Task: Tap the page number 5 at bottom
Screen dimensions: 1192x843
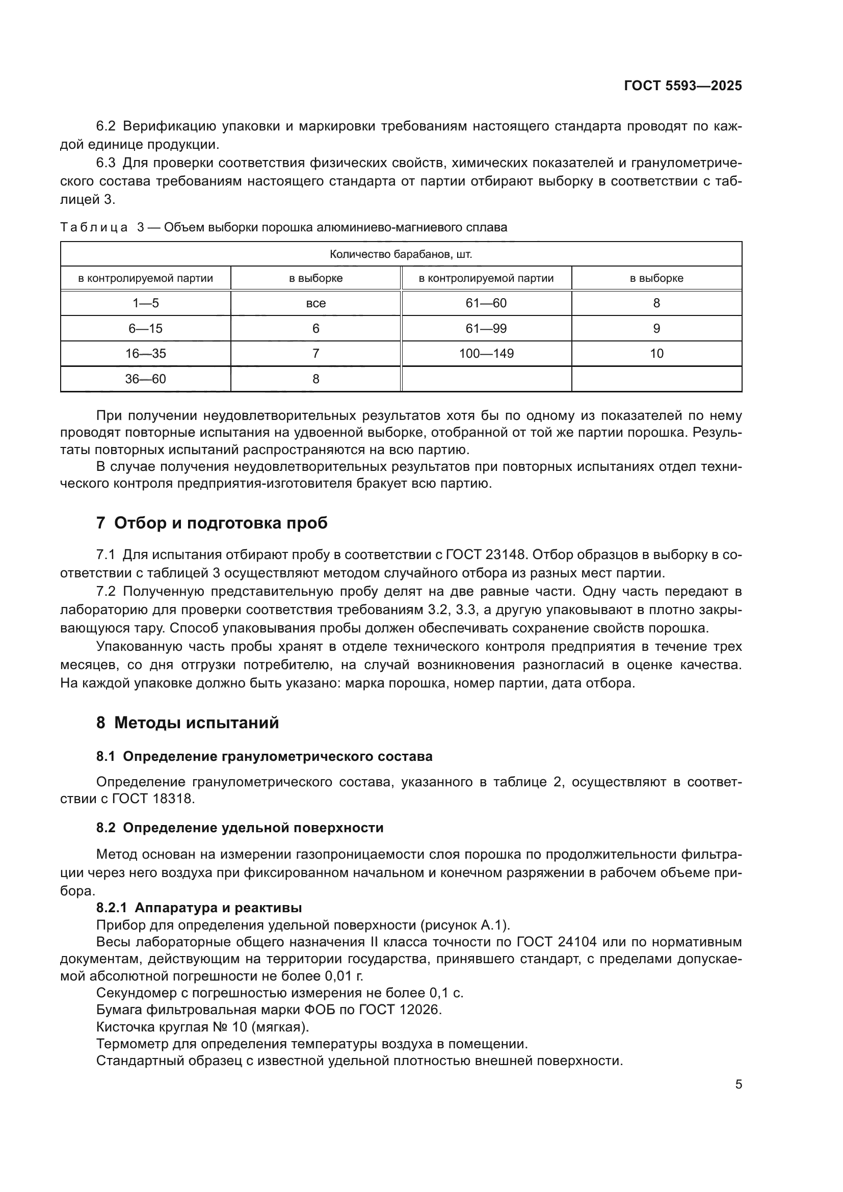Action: (x=738, y=1084)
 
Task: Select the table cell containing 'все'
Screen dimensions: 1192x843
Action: (x=315, y=304)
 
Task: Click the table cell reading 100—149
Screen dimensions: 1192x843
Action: (x=486, y=354)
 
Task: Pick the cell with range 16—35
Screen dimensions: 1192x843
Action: (x=145, y=354)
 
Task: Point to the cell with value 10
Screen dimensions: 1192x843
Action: (x=656, y=354)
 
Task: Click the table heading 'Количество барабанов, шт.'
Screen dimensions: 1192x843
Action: (x=401, y=255)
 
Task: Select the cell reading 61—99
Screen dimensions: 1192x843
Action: (x=486, y=329)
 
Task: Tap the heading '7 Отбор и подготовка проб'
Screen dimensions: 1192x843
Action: (x=212, y=523)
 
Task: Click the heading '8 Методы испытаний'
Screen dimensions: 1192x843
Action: (x=188, y=723)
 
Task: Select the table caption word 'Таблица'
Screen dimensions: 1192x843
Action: (x=94, y=227)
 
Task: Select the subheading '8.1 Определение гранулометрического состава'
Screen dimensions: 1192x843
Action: (x=264, y=756)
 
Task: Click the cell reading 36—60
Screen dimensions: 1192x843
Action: (x=145, y=379)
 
